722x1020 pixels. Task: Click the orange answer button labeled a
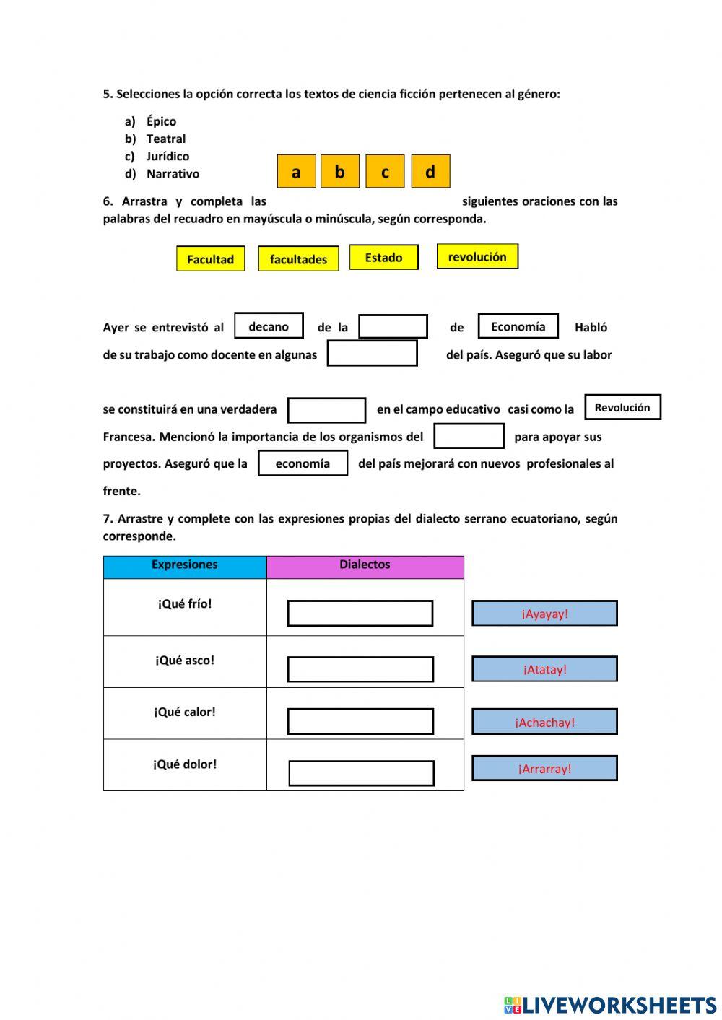coord(296,172)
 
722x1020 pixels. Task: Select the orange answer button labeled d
coord(430,172)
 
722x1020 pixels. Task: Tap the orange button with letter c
coord(385,172)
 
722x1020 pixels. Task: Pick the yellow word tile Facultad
coord(210,259)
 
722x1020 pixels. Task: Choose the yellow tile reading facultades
coord(298,259)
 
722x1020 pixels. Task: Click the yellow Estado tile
coord(383,258)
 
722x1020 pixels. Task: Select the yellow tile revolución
coord(477,257)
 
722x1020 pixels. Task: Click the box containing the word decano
coord(269,326)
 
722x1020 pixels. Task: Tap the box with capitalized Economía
coord(518,326)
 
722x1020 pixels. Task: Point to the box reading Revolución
coord(622,407)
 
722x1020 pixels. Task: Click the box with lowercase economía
coord(303,463)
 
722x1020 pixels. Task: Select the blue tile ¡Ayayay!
coord(544,614)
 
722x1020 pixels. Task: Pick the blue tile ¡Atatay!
coord(544,669)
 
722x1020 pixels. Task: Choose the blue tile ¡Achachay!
coord(544,722)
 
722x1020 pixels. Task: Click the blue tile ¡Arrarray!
coord(544,769)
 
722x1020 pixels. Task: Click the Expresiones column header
coord(184,565)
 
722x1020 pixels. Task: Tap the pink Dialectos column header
coord(365,565)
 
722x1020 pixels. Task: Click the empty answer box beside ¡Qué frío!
coord(360,614)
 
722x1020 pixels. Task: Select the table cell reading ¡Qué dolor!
coord(185,764)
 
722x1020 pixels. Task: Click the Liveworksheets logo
coord(609,1005)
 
